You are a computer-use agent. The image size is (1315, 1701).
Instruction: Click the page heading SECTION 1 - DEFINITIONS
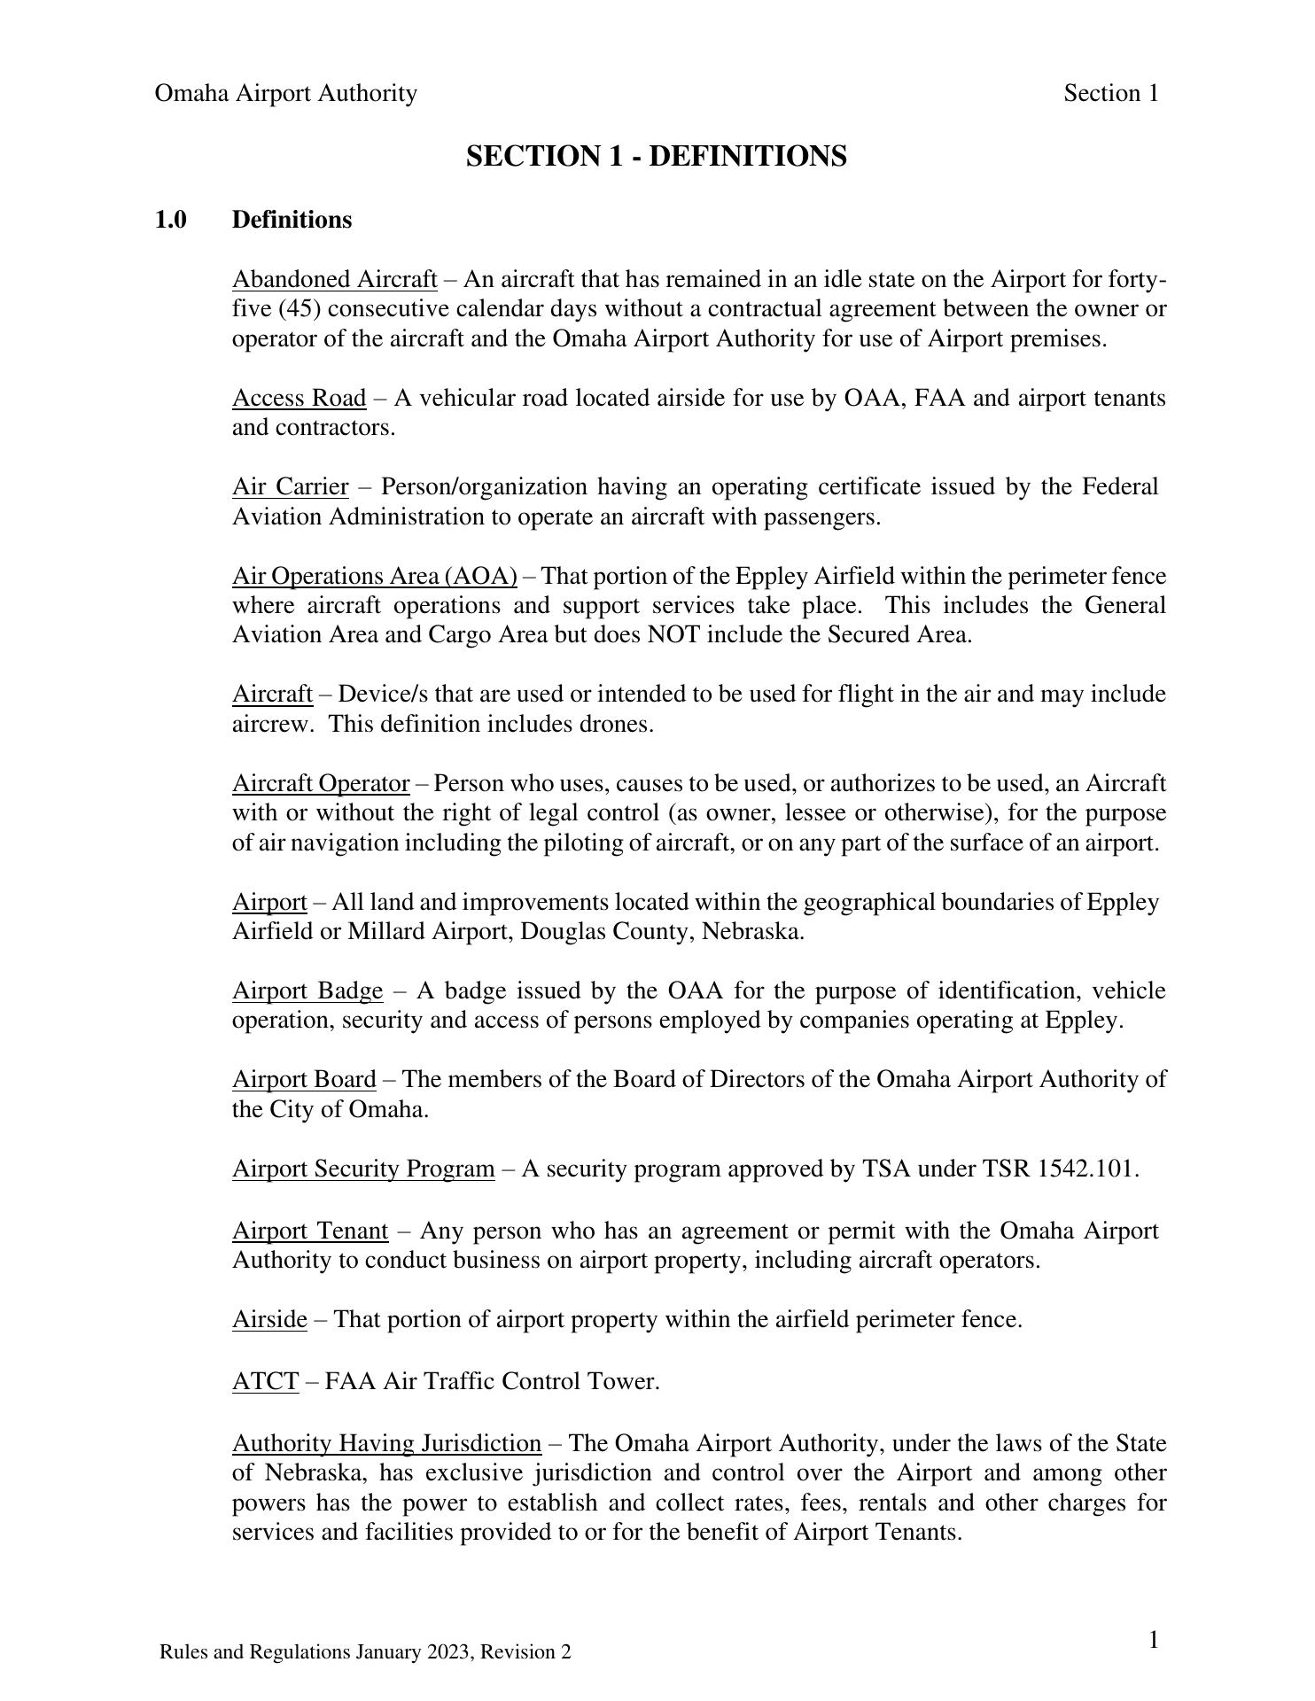pyautogui.click(x=656, y=157)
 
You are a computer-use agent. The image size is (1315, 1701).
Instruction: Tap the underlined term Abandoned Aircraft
pyautogui.click(x=334, y=280)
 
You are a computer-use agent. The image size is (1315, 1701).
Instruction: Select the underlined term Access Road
pyautogui.click(x=299, y=399)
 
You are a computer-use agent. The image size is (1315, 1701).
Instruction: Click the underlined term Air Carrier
pyautogui.click(x=290, y=487)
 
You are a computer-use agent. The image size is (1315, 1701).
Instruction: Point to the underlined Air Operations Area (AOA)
pyautogui.click(x=374, y=577)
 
